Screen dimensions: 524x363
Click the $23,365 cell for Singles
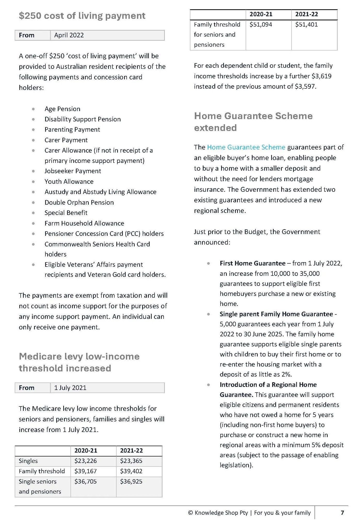131,461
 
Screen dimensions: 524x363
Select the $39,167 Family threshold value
85,471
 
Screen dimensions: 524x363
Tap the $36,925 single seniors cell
131,481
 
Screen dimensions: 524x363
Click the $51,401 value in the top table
306,24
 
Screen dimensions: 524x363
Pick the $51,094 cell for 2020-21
261,24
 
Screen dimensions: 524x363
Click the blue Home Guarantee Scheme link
246,147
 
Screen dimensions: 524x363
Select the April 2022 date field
69,35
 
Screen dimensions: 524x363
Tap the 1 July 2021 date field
70,388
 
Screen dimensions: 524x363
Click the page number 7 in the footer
342,513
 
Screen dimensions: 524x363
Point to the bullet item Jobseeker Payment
73,171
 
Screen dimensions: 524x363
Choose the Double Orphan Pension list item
79,202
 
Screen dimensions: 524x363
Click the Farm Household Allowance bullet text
84,223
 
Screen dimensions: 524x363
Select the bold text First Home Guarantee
252,263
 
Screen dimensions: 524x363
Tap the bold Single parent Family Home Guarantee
276,314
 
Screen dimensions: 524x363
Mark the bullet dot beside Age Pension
33,109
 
